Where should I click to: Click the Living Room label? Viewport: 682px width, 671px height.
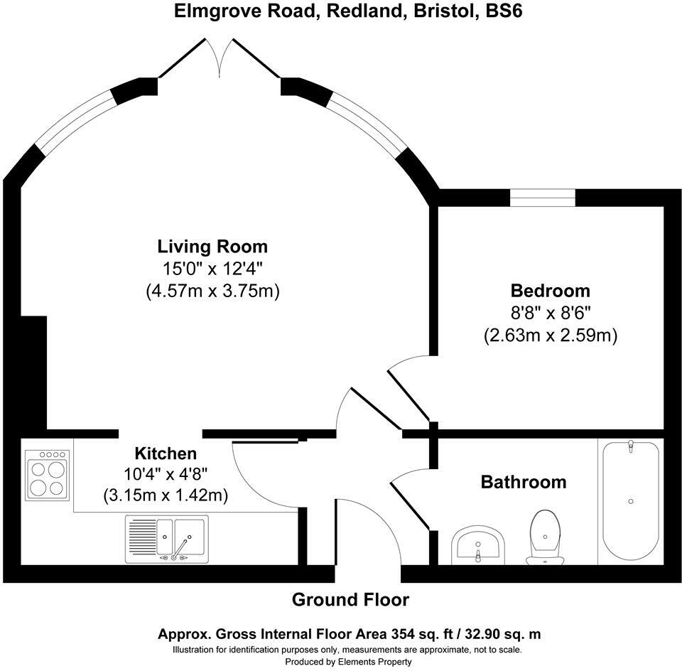[x=212, y=247]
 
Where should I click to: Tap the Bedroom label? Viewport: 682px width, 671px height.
[x=550, y=291]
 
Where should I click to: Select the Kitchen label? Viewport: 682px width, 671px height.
[x=166, y=453]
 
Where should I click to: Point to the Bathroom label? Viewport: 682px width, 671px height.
[x=524, y=482]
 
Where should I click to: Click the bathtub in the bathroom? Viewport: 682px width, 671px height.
[x=631, y=501]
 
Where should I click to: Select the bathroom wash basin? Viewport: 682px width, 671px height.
[x=477, y=544]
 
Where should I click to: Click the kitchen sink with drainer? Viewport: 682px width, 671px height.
[x=166, y=540]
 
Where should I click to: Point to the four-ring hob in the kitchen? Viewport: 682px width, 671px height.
[x=47, y=475]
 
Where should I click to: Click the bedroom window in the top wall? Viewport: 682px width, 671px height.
[x=543, y=198]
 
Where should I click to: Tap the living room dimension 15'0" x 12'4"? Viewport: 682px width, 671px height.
[x=212, y=269]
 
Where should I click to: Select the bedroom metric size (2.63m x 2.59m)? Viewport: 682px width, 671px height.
[x=550, y=335]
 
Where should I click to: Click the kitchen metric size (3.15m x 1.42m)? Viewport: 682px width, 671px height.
[x=166, y=495]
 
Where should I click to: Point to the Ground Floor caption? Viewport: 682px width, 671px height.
[x=350, y=600]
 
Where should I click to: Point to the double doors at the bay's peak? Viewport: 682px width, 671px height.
[x=220, y=58]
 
